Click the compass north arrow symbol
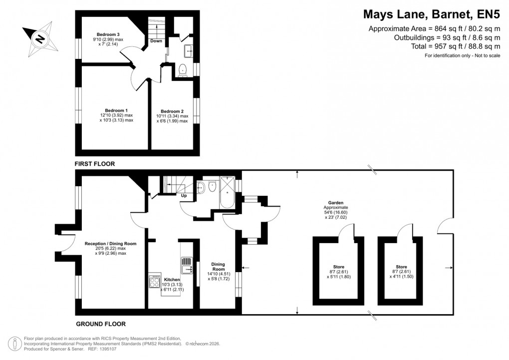(x=38, y=37)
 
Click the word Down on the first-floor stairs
(x=156, y=41)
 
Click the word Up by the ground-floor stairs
(x=184, y=196)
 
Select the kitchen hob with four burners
(x=154, y=283)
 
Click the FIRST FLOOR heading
(x=95, y=164)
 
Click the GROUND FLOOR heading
(x=100, y=324)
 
